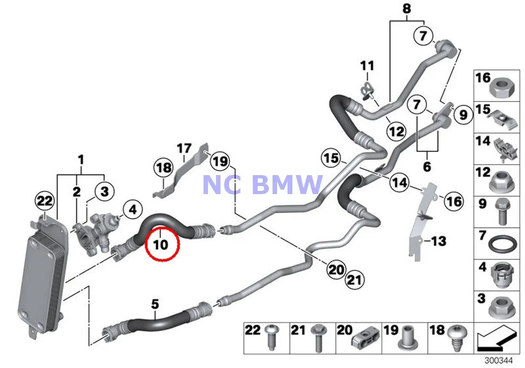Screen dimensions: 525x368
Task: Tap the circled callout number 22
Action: (45, 201)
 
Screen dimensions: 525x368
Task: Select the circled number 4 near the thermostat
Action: (132, 209)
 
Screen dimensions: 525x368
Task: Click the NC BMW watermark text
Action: (262, 184)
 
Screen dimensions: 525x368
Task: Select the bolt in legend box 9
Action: (502, 214)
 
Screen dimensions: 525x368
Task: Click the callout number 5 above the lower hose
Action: (155, 305)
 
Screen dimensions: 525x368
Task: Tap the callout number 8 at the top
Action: (407, 8)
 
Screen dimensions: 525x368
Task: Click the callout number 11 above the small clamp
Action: (367, 66)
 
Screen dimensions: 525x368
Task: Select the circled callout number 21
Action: (354, 280)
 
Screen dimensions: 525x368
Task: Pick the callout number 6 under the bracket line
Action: (427, 166)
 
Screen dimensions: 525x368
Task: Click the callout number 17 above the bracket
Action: (184, 149)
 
